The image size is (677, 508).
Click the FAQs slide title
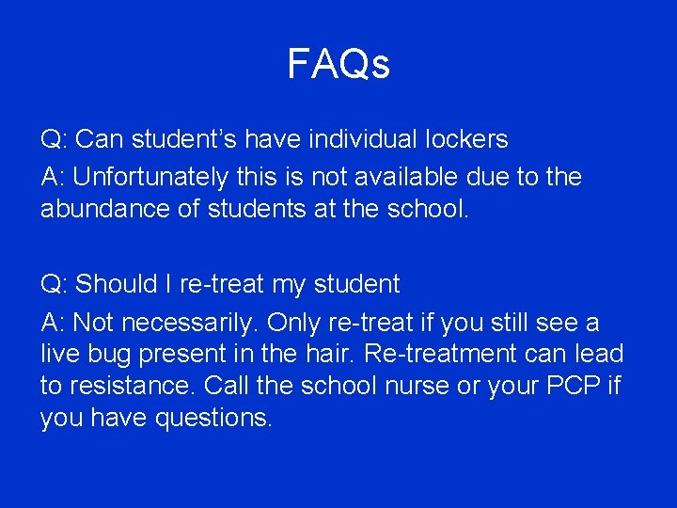tap(338, 65)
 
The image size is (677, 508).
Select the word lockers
tap(458, 140)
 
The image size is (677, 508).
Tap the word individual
tap(348, 140)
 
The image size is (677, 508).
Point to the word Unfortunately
tap(150, 177)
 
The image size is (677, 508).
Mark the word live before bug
tap(60, 355)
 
